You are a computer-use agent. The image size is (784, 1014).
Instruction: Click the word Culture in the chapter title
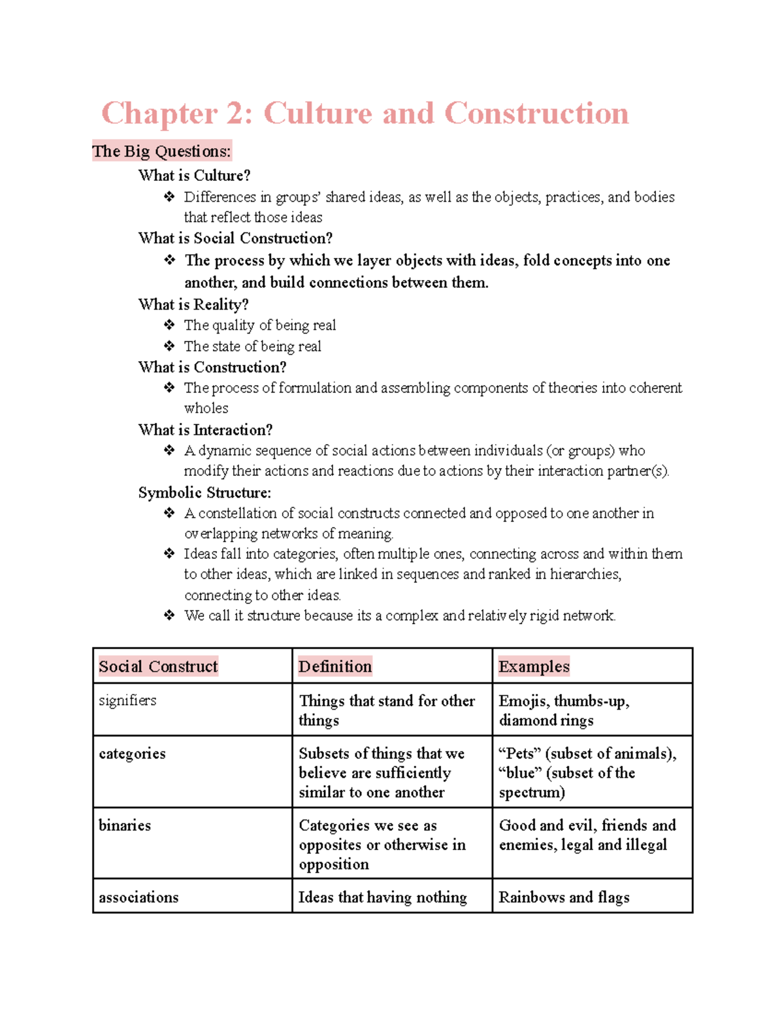click(317, 114)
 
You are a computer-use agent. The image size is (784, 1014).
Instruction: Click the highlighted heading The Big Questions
click(161, 151)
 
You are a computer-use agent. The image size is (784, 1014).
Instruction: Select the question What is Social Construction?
click(235, 238)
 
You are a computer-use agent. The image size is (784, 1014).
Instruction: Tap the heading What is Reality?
click(193, 304)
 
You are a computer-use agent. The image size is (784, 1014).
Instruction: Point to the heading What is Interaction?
click(205, 430)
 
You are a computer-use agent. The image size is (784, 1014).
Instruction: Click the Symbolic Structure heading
click(204, 492)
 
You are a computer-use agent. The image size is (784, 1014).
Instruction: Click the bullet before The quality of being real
click(169, 325)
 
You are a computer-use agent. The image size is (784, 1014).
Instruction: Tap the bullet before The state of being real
click(169, 345)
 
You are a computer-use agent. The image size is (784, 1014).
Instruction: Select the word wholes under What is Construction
click(206, 408)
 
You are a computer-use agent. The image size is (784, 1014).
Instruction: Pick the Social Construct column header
click(158, 666)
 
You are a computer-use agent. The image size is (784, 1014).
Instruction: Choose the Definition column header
click(335, 666)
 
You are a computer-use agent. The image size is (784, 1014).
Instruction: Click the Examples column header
click(534, 666)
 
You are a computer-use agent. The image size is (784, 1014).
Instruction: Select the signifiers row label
click(127, 701)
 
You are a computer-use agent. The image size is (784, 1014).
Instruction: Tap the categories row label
click(132, 753)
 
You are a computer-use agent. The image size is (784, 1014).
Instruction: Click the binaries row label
click(125, 825)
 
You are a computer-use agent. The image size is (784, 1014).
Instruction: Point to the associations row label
click(139, 897)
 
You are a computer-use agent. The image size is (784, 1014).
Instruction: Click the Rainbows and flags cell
click(564, 897)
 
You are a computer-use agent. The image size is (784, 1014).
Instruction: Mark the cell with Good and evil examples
click(587, 835)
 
